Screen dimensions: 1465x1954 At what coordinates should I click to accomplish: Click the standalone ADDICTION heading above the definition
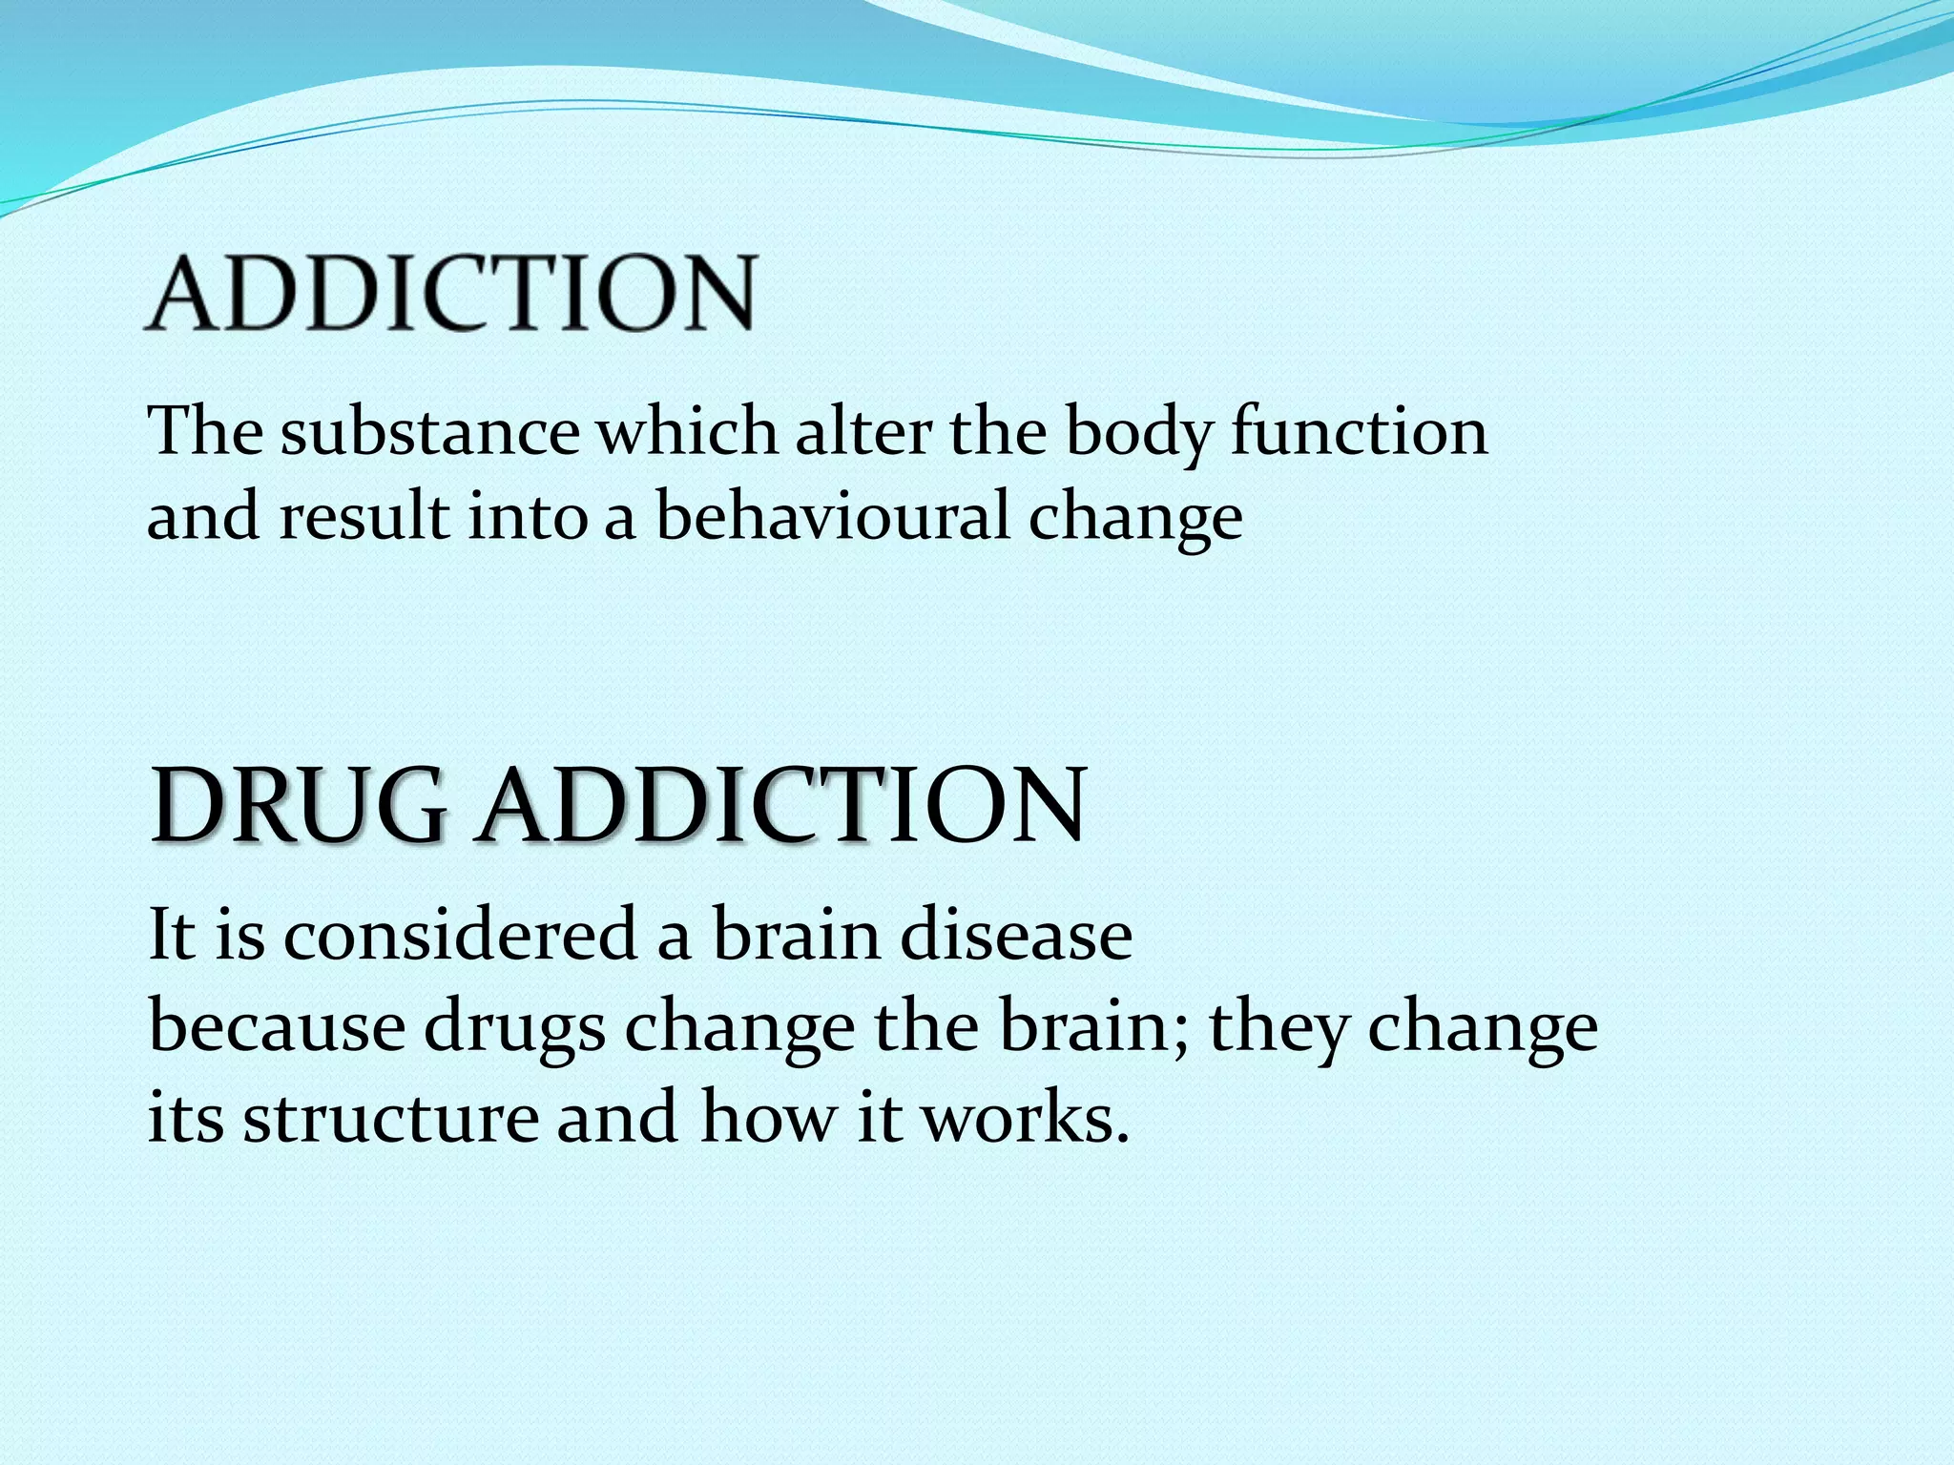point(450,293)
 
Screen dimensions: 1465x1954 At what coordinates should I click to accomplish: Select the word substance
point(429,432)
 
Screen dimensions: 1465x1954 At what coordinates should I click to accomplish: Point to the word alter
point(863,432)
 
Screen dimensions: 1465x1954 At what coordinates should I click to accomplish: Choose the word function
point(1359,432)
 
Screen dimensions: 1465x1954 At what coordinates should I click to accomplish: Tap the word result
point(364,518)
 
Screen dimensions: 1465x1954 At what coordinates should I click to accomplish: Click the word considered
point(461,936)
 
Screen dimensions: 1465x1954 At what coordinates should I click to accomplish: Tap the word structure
point(391,1118)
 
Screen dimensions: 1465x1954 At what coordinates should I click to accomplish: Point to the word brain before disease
point(797,936)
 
